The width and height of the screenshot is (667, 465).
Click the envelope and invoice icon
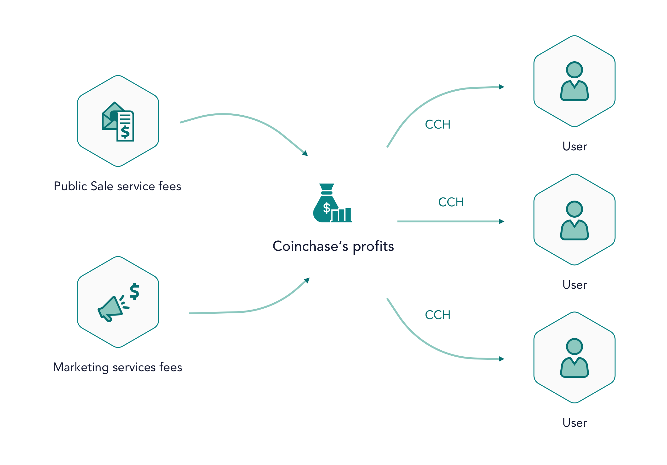(x=118, y=122)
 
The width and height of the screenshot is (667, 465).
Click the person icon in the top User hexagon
(x=574, y=81)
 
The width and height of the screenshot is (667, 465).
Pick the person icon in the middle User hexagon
(x=574, y=220)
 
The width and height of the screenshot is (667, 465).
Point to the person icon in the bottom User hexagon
(x=574, y=358)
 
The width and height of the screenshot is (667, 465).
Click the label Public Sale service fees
(x=117, y=186)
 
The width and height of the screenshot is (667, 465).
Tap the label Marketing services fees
(x=117, y=367)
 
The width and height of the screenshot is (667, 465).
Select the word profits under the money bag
(x=373, y=246)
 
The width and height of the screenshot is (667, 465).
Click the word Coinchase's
(x=310, y=246)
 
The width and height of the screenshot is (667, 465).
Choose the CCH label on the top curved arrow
(x=438, y=124)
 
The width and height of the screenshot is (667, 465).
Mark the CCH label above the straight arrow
(x=451, y=202)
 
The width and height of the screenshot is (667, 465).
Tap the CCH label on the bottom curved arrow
(x=438, y=315)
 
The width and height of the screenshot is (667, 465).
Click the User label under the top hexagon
(x=575, y=147)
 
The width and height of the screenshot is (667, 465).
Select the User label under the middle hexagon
(x=575, y=285)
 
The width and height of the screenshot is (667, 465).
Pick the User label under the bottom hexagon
(x=575, y=423)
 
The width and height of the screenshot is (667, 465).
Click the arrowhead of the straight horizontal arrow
(x=501, y=221)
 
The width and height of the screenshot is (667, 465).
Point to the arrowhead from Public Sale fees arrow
(x=305, y=154)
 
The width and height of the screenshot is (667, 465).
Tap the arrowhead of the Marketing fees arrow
(x=307, y=280)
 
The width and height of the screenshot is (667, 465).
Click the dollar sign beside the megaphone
(x=135, y=291)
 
